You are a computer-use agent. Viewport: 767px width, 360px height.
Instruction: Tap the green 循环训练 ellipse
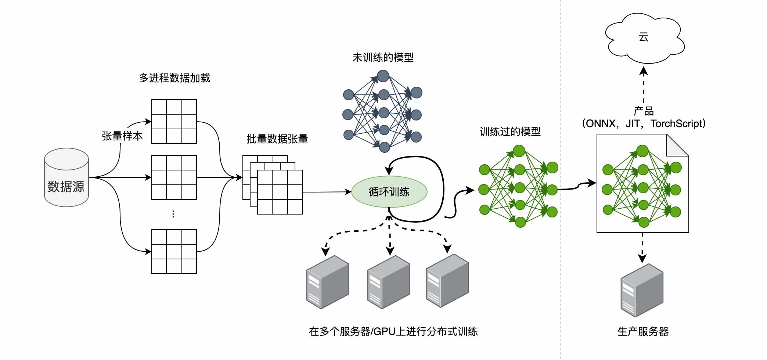point(389,192)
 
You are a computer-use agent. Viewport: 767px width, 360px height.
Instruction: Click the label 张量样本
point(122,136)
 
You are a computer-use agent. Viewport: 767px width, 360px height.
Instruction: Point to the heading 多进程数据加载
point(174,78)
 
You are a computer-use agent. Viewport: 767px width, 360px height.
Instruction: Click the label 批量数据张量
point(277,139)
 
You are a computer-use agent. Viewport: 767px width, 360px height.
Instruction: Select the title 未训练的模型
point(383,57)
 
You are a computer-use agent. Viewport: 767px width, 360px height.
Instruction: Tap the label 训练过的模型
point(510,132)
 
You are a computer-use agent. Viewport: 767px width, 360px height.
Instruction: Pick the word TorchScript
point(676,124)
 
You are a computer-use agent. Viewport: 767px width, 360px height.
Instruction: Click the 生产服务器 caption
point(643,331)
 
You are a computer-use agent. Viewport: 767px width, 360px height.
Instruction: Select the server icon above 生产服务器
point(642,290)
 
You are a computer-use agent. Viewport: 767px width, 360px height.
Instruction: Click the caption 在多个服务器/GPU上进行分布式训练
point(393,331)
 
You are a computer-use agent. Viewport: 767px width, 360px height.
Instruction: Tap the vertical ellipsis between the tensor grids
point(173,214)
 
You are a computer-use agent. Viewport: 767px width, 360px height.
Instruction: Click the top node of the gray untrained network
point(383,76)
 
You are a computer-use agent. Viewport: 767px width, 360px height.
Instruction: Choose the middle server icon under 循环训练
point(388,282)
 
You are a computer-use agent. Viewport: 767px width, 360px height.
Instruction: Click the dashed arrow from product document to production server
point(642,248)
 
